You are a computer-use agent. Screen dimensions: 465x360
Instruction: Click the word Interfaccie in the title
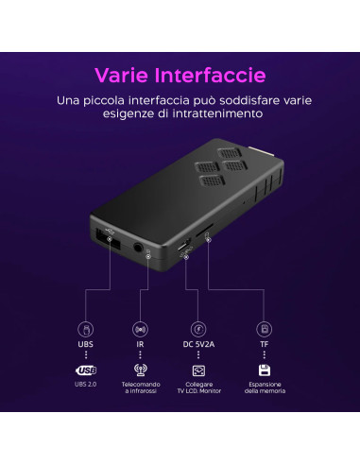[210, 75]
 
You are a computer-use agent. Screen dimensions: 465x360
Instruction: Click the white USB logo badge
[86, 370]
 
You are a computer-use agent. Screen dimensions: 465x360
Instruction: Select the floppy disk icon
[265, 370]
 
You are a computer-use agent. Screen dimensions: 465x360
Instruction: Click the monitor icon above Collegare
[198, 370]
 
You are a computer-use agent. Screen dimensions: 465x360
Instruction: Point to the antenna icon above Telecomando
[141, 370]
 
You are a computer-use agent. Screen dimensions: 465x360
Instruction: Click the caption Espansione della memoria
[265, 391]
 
